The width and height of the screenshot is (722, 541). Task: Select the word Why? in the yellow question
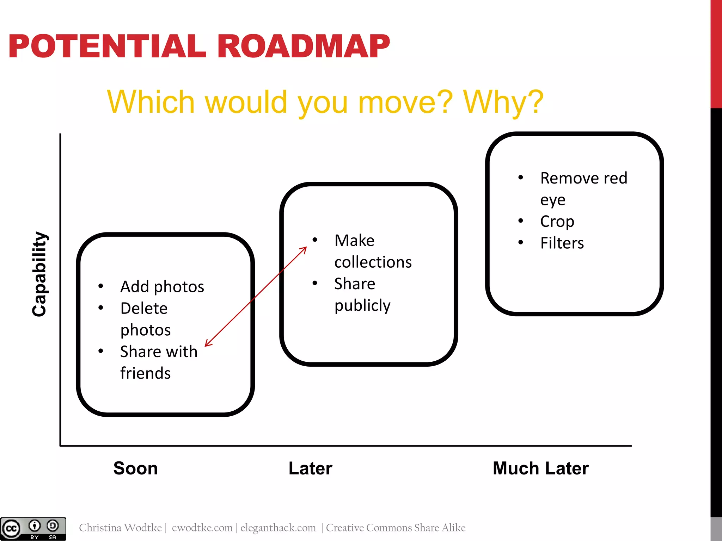[503, 102]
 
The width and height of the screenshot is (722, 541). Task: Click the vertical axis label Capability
[39, 274]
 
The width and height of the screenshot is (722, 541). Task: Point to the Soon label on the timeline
[135, 468]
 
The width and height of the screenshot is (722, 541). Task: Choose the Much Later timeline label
[540, 468]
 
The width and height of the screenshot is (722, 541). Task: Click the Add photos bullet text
[162, 287]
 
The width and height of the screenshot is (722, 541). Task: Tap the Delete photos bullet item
[145, 319]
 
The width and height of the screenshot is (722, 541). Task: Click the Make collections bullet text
[373, 251]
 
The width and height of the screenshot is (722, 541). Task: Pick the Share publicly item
[362, 294]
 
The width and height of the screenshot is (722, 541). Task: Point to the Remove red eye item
[583, 188]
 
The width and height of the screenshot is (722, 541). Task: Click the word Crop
[557, 222]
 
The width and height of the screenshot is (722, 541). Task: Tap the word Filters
[562, 243]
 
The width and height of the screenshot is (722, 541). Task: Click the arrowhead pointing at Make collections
[304, 249]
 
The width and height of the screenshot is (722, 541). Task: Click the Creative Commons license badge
[33, 529]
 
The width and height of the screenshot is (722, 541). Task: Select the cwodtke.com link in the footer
[202, 528]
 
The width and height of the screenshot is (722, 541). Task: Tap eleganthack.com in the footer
[278, 528]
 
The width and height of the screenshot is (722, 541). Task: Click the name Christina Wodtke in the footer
[120, 528]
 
